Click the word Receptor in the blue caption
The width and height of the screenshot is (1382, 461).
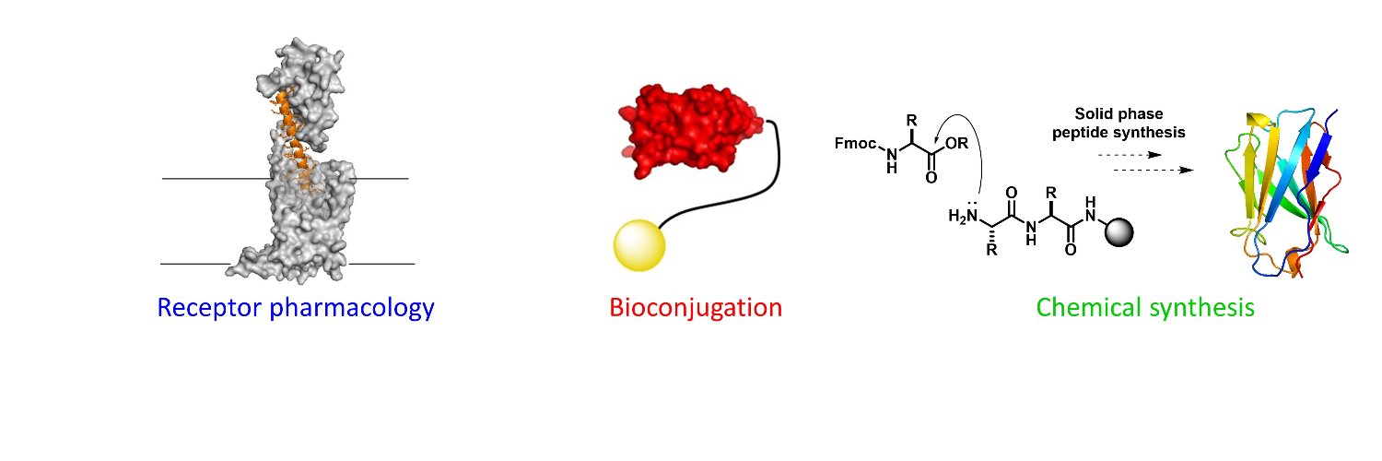tap(209, 307)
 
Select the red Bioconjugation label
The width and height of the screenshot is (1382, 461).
tap(696, 308)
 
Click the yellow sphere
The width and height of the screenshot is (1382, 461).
tap(639, 245)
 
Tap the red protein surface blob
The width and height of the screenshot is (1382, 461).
tap(691, 132)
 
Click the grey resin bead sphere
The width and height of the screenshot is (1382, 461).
tap(1119, 232)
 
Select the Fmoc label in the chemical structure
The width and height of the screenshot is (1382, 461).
tap(855, 143)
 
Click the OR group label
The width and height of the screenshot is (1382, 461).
tap(957, 143)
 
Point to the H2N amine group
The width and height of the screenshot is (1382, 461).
tap(963, 216)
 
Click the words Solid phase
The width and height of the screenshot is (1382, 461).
tap(1118, 113)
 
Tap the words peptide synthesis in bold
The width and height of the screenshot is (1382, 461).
tap(1118, 133)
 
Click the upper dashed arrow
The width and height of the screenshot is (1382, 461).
tap(1130, 155)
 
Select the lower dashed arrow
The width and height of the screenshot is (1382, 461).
tap(1154, 170)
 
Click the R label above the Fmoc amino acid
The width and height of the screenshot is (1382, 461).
tap(912, 121)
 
